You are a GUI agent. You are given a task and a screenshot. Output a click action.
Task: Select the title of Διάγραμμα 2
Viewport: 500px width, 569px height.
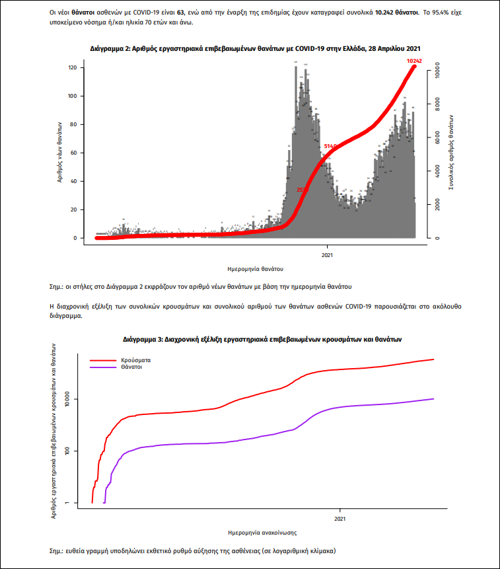pyautogui.click(x=256, y=49)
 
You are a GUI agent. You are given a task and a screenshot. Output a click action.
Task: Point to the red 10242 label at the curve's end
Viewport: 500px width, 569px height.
pyautogui.click(x=415, y=61)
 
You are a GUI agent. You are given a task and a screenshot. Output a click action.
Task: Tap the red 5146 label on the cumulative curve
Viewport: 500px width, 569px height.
pyautogui.click(x=331, y=145)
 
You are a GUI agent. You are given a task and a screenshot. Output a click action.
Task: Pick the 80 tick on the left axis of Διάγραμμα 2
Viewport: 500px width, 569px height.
pyautogui.click(x=75, y=124)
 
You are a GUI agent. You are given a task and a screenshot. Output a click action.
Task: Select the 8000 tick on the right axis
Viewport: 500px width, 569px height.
pyautogui.click(x=439, y=104)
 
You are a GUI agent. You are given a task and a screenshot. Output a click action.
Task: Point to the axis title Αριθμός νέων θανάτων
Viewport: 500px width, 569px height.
pyautogui.click(x=59, y=153)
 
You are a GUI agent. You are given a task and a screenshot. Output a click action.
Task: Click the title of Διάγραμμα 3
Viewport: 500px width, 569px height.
pyautogui.click(x=262, y=338)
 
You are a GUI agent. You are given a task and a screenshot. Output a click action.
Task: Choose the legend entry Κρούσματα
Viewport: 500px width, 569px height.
pyautogui.click(x=135, y=360)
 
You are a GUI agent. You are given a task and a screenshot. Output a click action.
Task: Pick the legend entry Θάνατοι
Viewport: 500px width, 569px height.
pyautogui.click(x=131, y=367)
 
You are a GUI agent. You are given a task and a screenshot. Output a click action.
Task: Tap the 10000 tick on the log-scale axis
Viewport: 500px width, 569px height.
pyautogui.click(x=67, y=400)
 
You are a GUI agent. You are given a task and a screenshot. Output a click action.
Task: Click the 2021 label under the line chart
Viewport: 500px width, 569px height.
pyautogui.click(x=339, y=518)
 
